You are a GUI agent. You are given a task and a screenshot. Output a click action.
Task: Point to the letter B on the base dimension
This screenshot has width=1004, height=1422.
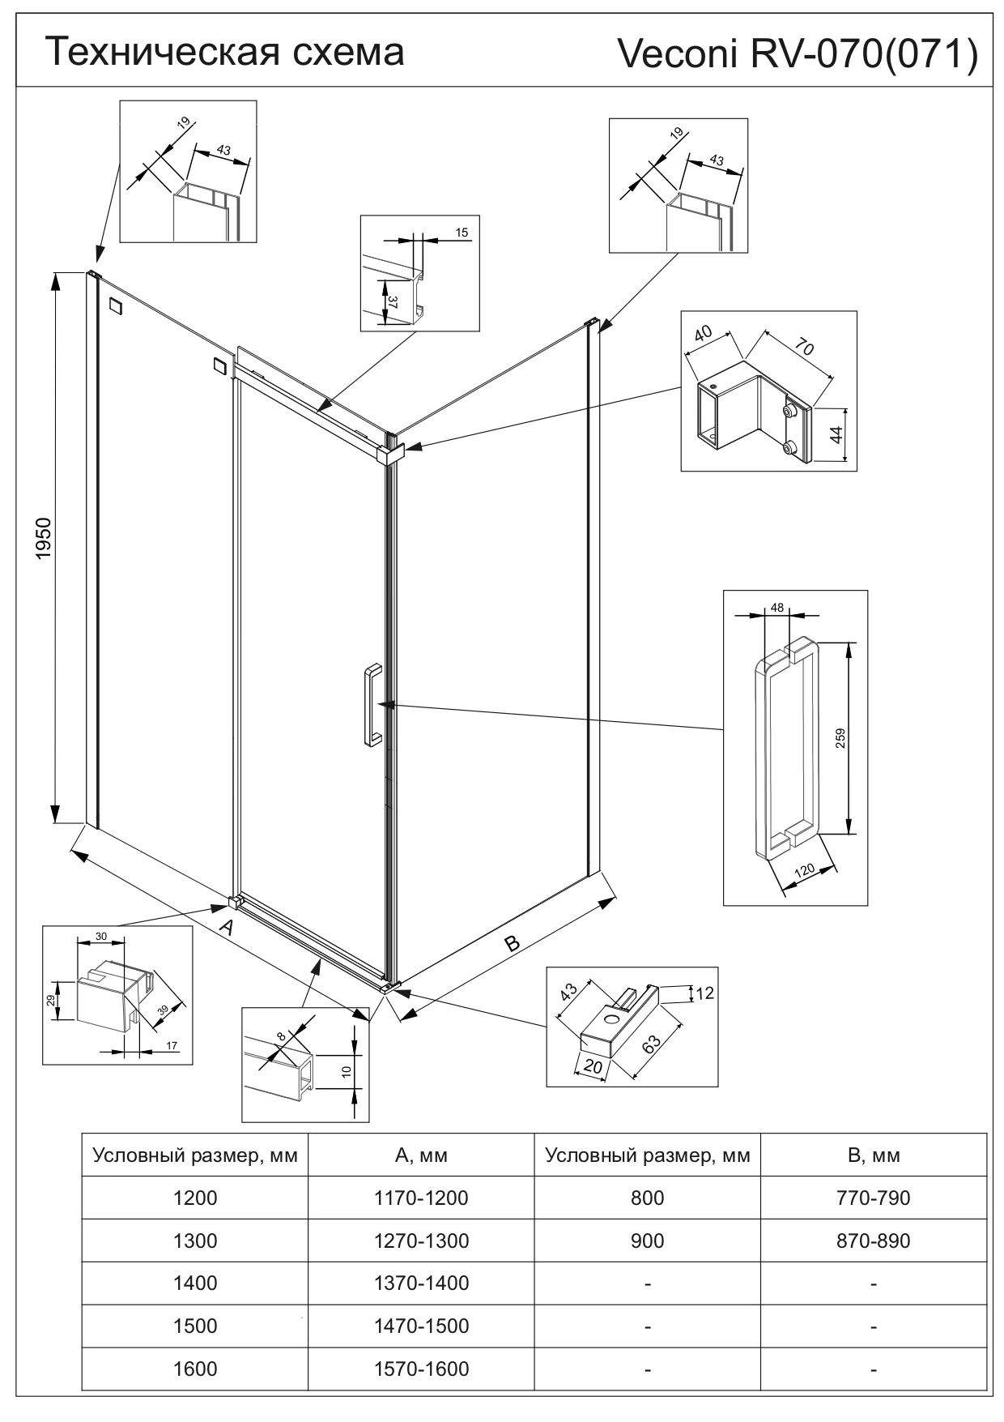click(512, 942)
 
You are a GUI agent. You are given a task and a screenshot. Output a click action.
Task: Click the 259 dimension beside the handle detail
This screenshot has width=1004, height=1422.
click(840, 738)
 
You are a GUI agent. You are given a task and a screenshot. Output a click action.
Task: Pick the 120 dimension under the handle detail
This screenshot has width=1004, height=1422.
click(804, 872)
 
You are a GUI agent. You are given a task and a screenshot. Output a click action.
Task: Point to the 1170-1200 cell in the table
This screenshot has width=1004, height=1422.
click(421, 1198)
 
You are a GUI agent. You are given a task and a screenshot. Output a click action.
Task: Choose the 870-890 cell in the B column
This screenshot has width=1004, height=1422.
click(874, 1241)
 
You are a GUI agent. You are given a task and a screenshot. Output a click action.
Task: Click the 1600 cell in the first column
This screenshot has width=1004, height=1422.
click(195, 1369)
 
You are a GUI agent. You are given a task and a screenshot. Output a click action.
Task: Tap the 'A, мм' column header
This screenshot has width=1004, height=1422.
click(421, 1155)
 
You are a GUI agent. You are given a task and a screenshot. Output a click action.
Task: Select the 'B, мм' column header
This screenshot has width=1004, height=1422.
click(874, 1155)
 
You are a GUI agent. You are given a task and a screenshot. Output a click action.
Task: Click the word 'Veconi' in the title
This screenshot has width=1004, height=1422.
click(678, 55)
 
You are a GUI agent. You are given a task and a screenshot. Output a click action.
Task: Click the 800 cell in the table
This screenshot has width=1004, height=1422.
click(647, 1198)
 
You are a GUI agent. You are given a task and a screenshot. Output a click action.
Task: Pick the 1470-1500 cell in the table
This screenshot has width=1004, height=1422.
click(421, 1326)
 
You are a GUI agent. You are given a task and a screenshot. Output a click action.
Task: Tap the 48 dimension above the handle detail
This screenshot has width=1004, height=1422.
click(776, 607)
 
